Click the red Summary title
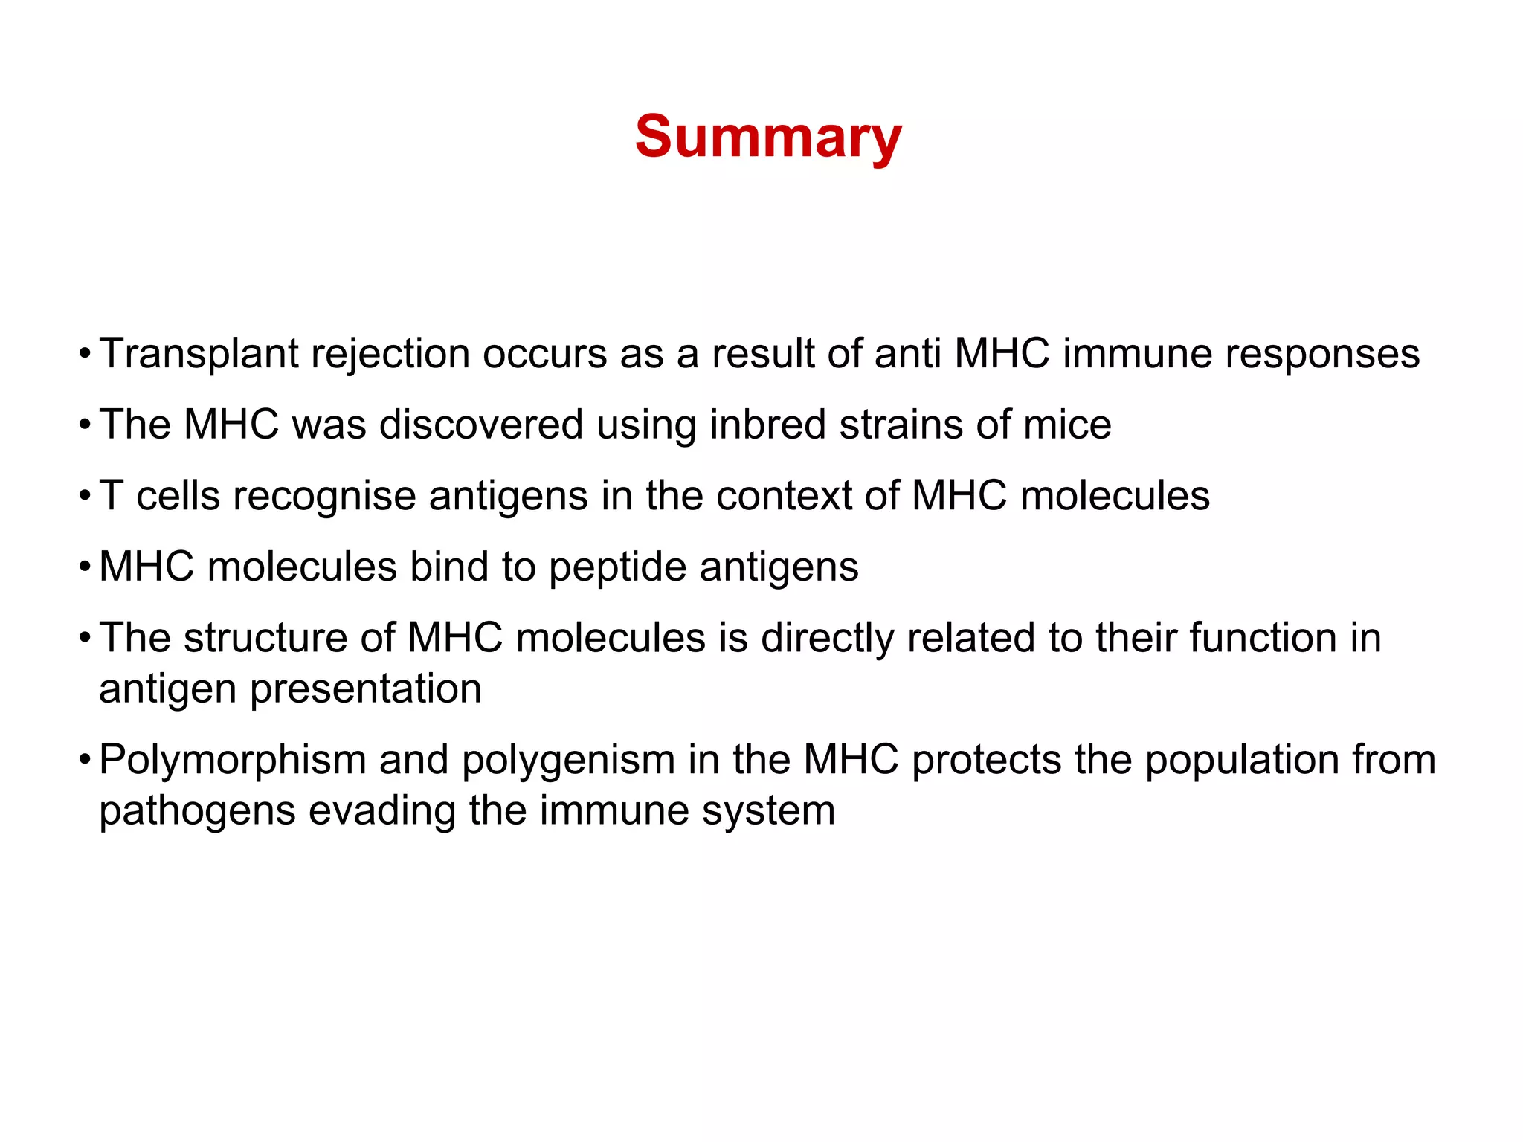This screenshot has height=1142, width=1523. coord(768,138)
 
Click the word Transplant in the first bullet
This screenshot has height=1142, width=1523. coord(198,354)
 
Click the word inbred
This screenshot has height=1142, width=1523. coord(767,425)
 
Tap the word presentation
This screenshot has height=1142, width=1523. coord(365,689)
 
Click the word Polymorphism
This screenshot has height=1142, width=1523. coord(232,761)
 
